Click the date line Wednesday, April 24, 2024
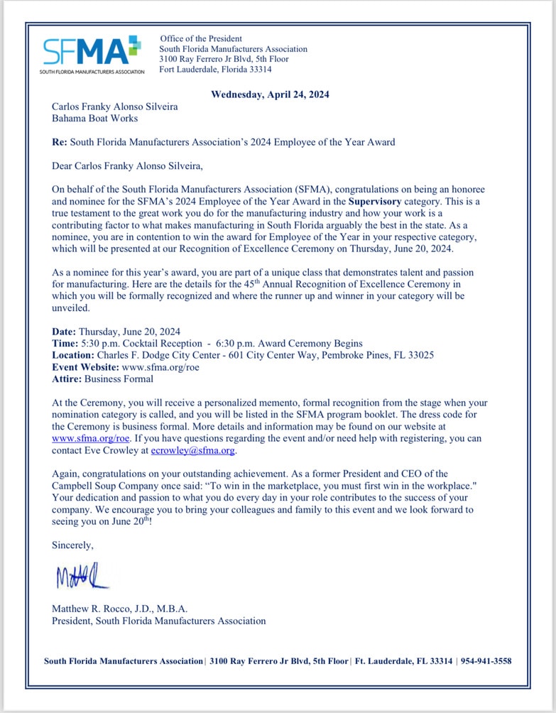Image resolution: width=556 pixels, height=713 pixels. (x=271, y=94)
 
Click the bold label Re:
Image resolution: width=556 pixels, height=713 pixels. (x=60, y=142)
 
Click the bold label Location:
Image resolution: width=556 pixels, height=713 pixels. (x=73, y=355)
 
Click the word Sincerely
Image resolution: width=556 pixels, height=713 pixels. (x=72, y=545)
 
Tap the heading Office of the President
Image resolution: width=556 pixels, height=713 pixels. (x=201, y=38)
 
